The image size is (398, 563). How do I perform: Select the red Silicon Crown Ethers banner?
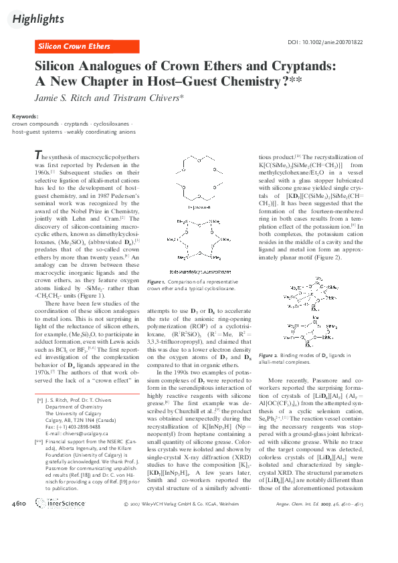coord(74,46)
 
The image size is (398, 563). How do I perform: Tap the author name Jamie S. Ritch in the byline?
coord(66,98)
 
